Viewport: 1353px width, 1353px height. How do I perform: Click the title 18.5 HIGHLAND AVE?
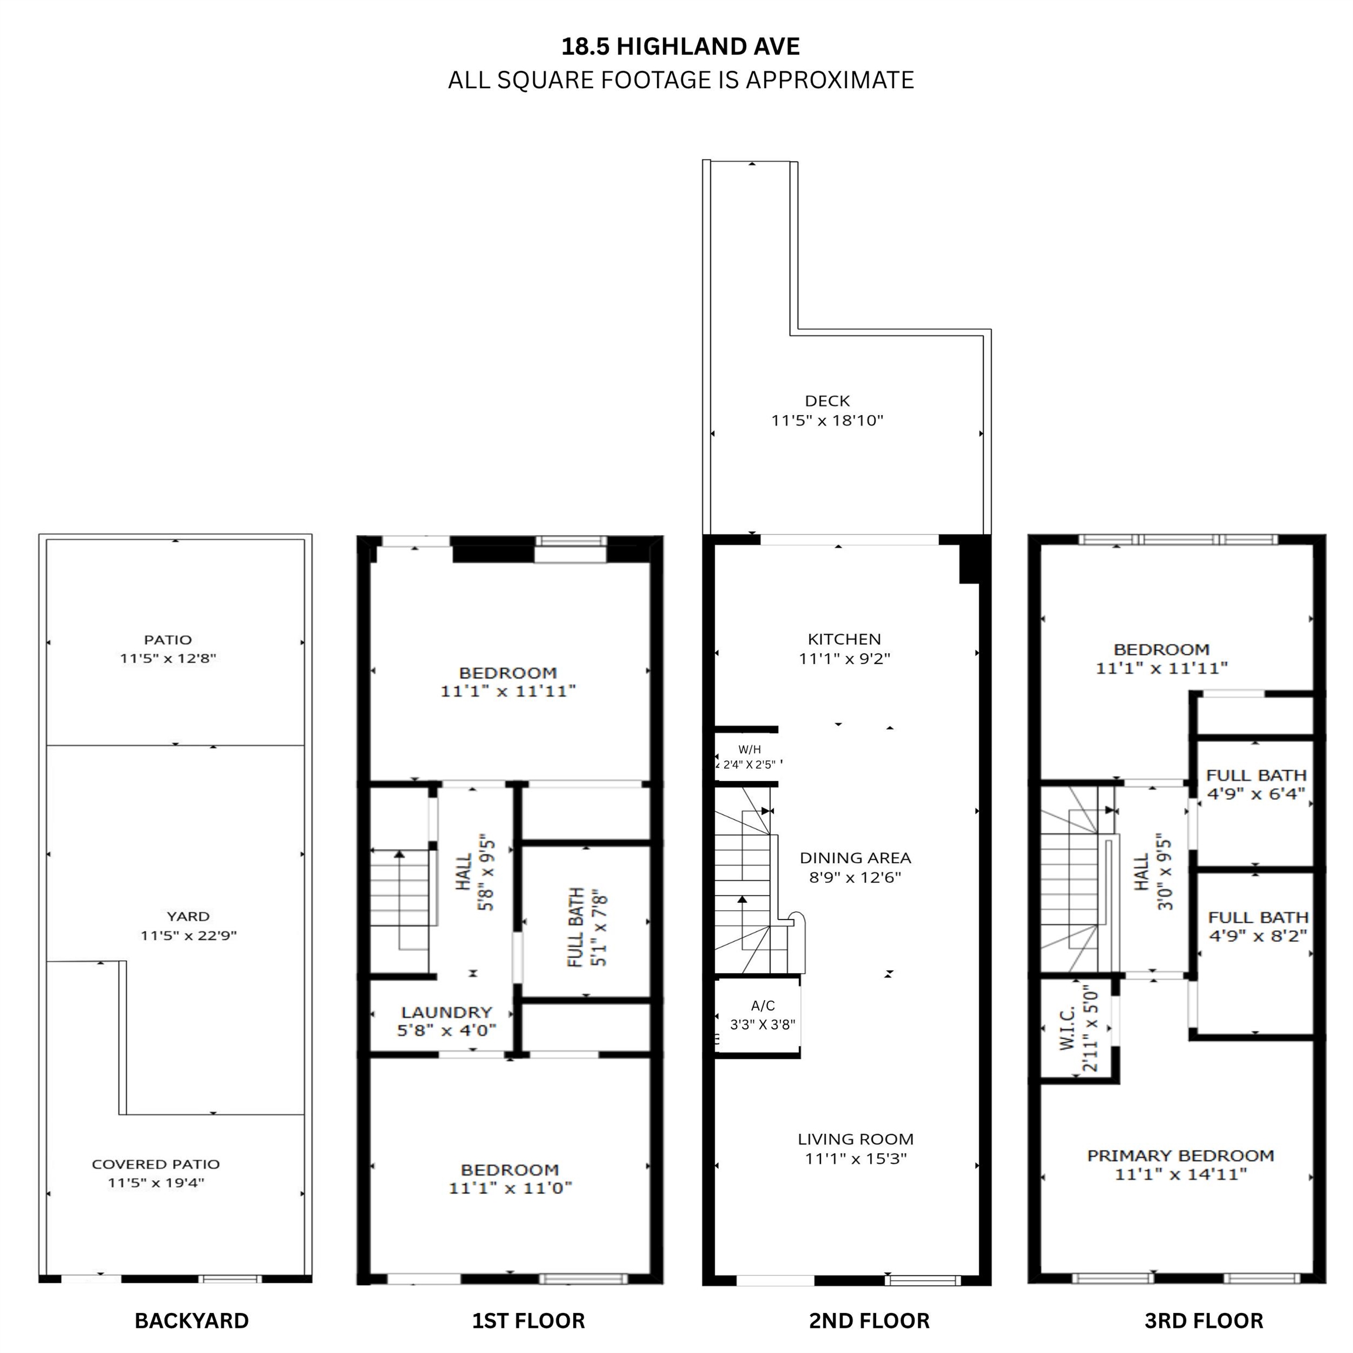(x=680, y=46)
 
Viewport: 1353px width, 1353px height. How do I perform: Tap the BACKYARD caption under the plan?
(x=191, y=1321)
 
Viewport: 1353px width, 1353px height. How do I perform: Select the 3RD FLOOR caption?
(x=1204, y=1321)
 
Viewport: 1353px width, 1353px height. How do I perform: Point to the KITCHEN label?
(x=844, y=639)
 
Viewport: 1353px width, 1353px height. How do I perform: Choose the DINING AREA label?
(x=855, y=858)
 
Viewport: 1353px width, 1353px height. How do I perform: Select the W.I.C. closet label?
(x=1066, y=1029)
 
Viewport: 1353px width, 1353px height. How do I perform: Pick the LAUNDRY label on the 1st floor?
(x=446, y=1012)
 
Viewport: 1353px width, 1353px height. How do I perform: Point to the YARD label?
(x=188, y=916)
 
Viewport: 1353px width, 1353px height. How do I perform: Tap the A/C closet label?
(x=763, y=1005)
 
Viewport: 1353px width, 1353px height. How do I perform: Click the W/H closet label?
(x=749, y=749)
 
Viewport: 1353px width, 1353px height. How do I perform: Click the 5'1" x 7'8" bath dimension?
(x=599, y=927)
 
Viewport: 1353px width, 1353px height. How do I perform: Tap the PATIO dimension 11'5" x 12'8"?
(x=168, y=658)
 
